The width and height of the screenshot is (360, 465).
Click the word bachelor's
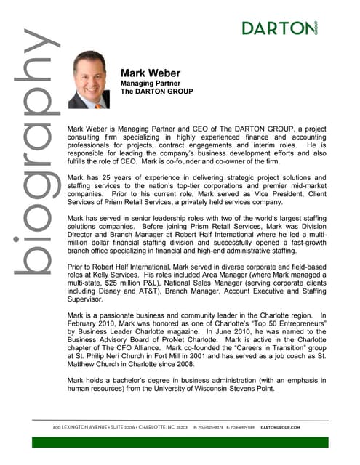point(150,379)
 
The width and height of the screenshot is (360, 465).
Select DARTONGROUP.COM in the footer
point(300,427)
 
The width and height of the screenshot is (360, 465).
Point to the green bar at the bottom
point(180,441)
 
